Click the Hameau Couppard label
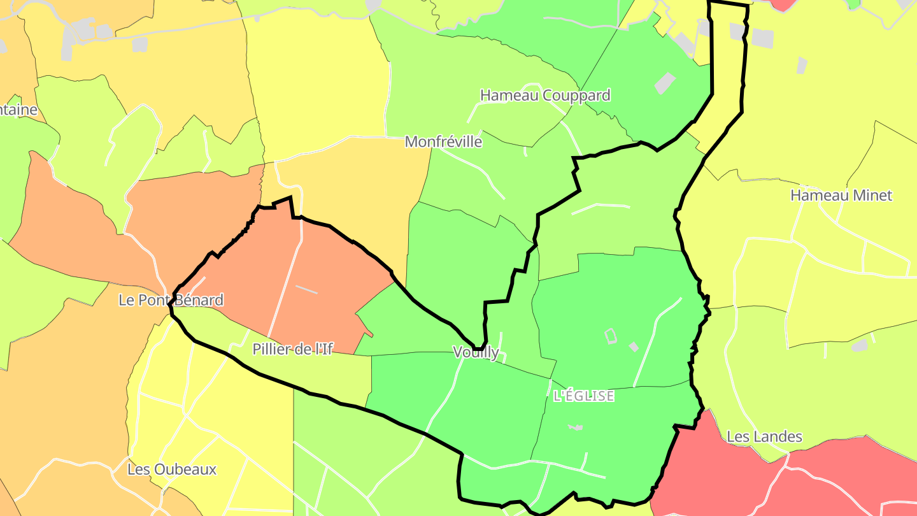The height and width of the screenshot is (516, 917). (545, 96)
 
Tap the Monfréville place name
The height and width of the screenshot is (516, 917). (443, 141)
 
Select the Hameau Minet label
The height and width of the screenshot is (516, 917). (841, 196)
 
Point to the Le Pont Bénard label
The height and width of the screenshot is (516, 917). (171, 300)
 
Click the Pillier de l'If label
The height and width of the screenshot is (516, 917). (292, 349)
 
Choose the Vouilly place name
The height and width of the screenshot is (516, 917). (476, 352)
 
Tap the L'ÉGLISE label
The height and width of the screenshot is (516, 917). (584, 396)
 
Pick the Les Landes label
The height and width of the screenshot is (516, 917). (764, 437)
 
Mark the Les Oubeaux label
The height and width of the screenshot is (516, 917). (172, 470)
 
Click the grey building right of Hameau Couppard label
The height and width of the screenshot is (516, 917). (665, 83)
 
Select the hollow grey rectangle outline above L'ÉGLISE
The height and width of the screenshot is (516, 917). (610, 335)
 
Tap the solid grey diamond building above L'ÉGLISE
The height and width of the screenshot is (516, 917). (634, 347)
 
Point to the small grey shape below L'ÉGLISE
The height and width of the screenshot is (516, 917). (576, 427)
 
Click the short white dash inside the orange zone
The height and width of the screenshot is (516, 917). (306, 289)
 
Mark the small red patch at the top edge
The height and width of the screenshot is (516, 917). (783, 4)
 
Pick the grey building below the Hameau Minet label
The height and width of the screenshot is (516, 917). (860, 345)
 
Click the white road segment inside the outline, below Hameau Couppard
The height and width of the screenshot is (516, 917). (601, 206)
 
